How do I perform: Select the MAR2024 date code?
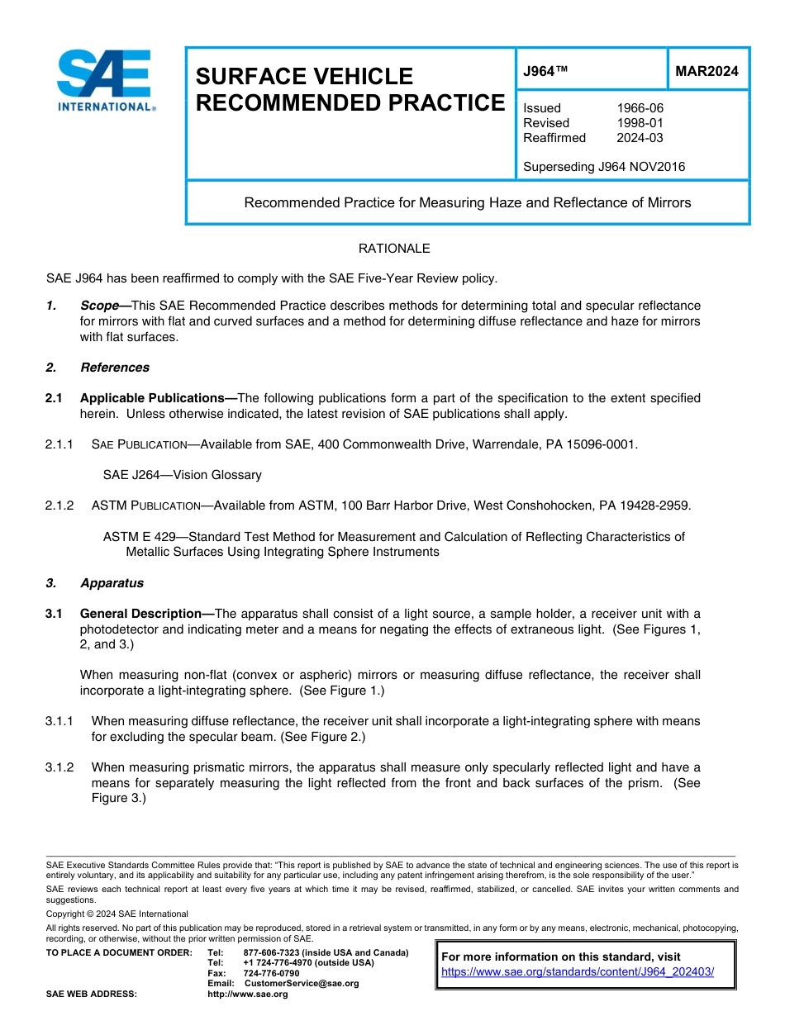pyautogui.click(x=706, y=71)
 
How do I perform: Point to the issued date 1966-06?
pyautogui.click(x=640, y=108)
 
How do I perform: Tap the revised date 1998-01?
pyautogui.click(x=640, y=123)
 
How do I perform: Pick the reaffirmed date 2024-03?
pyautogui.click(x=640, y=138)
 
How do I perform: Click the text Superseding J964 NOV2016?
pyautogui.click(x=604, y=167)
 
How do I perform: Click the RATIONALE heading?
pyautogui.click(x=394, y=249)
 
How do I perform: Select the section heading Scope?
pyautogui.click(x=99, y=306)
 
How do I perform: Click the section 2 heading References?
pyautogui.click(x=115, y=368)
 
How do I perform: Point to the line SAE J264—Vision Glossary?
pyautogui.click(x=182, y=475)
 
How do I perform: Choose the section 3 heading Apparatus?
pyautogui.click(x=112, y=583)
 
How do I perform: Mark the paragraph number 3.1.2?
pyautogui.click(x=59, y=767)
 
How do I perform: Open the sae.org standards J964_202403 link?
pyautogui.click(x=578, y=972)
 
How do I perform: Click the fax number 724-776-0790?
pyautogui.click(x=271, y=973)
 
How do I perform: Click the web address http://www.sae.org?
pyautogui.click(x=247, y=994)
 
